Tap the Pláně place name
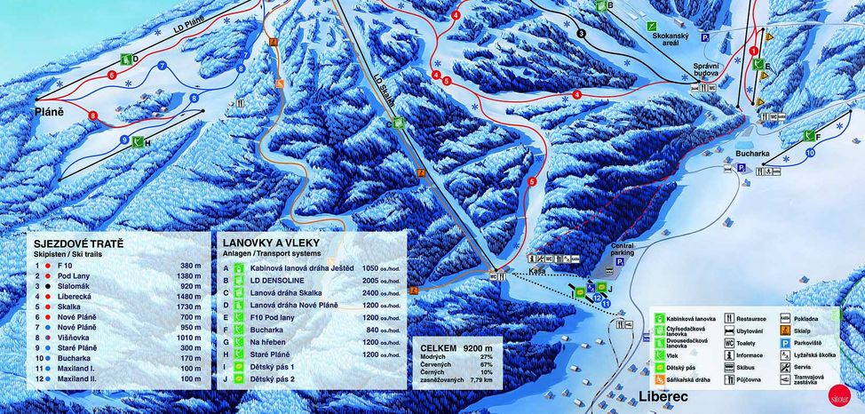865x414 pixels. pyautogui.click(x=50, y=113)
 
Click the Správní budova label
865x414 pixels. pyautogui.click(x=710, y=71)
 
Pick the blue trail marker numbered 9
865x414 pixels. pyautogui.click(x=124, y=140)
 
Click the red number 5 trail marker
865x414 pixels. pyautogui.click(x=531, y=182)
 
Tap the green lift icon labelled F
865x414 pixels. pyautogui.click(x=809, y=136)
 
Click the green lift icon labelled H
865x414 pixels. pyautogui.click(x=138, y=141)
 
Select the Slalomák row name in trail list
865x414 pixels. pyautogui.click(x=72, y=288)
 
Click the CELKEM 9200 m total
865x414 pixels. pyautogui.click(x=454, y=348)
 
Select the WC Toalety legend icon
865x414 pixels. pyautogui.click(x=729, y=341)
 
